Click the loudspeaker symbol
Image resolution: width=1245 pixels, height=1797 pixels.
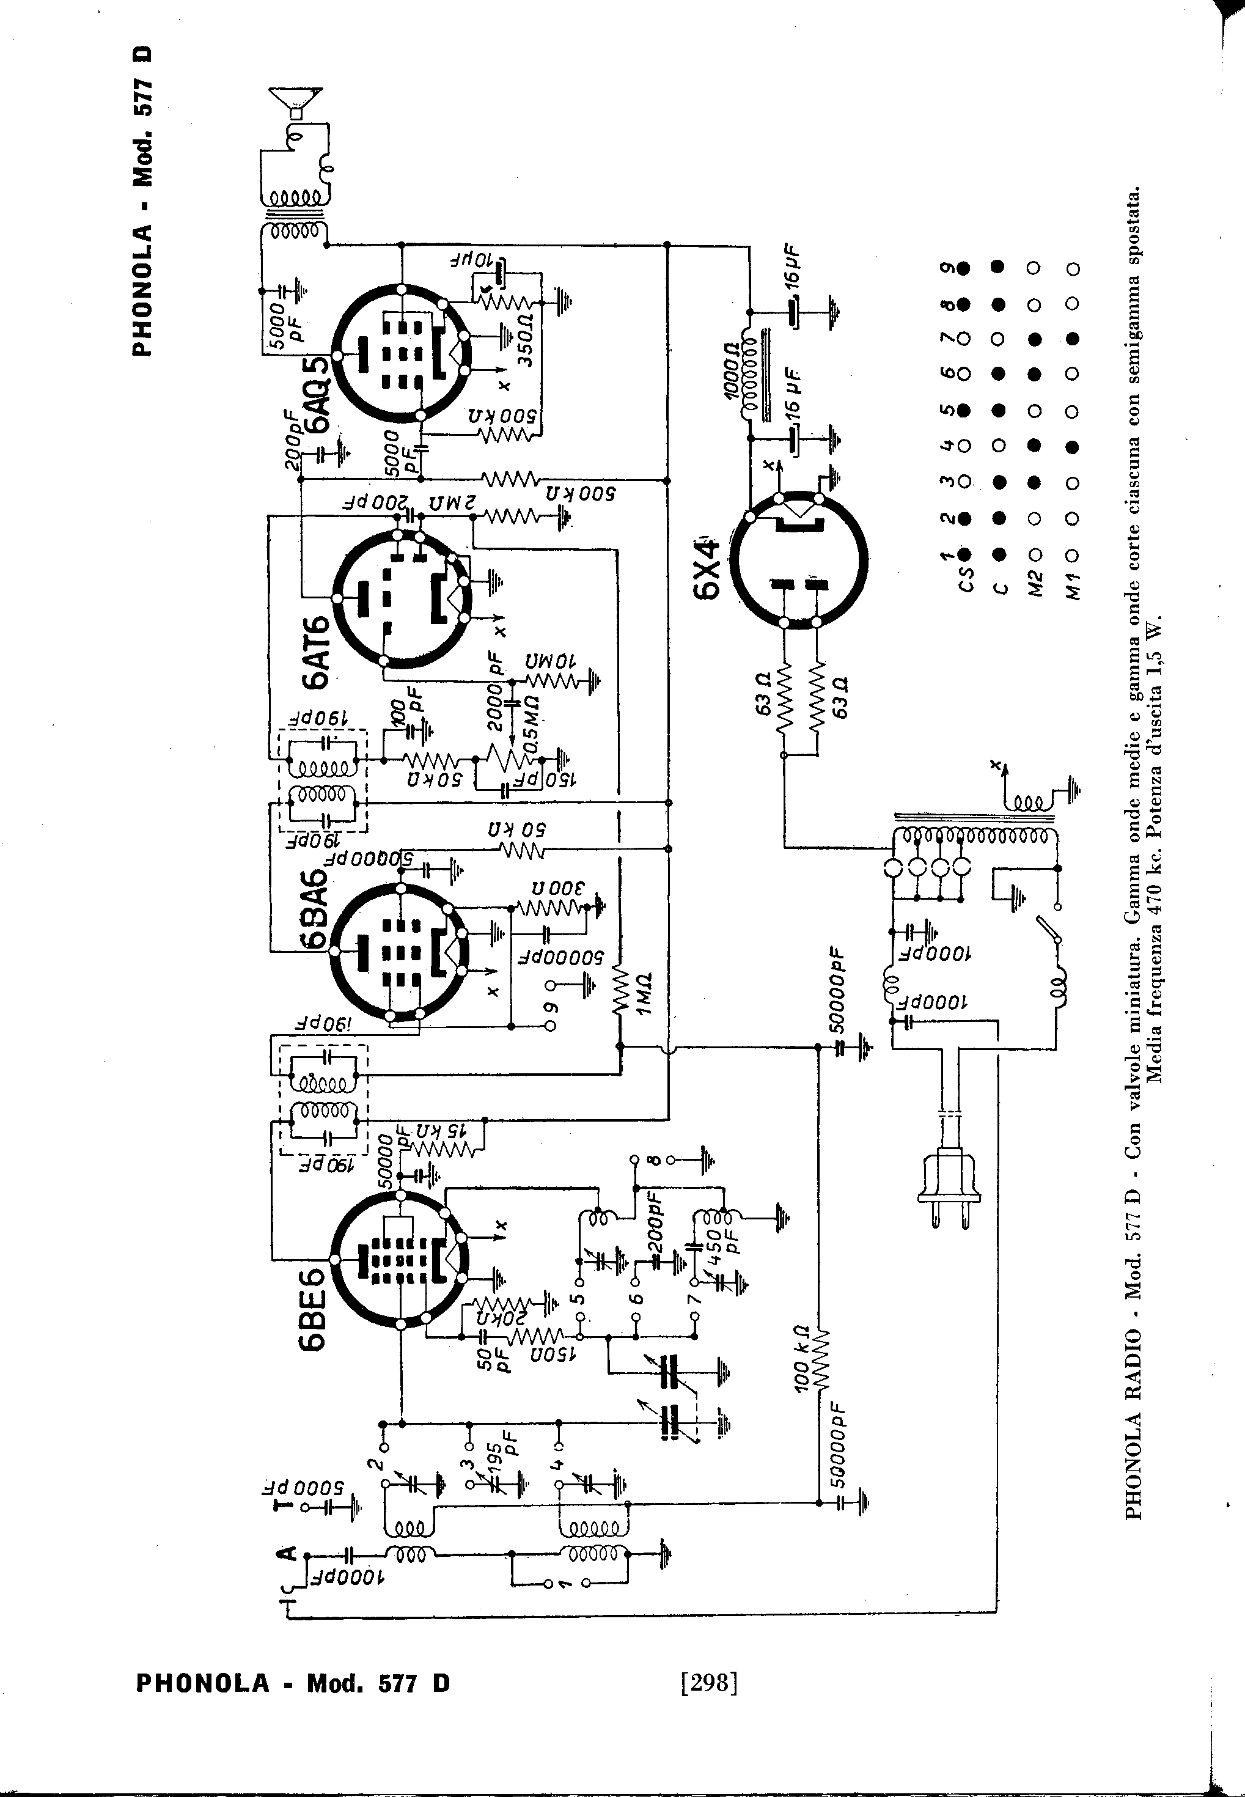coord(294,102)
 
